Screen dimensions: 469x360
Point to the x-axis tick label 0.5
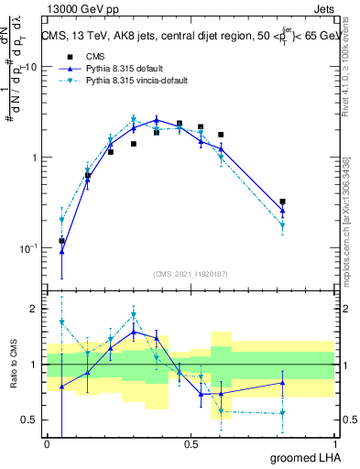(191, 444)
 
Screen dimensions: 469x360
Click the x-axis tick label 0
(48, 444)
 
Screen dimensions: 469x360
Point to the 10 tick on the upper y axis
(31, 67)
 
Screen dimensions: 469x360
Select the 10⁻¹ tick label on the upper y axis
(29, 248)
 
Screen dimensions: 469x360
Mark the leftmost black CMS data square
(61, 241)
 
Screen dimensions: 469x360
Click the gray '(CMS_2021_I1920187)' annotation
(191, 274)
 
